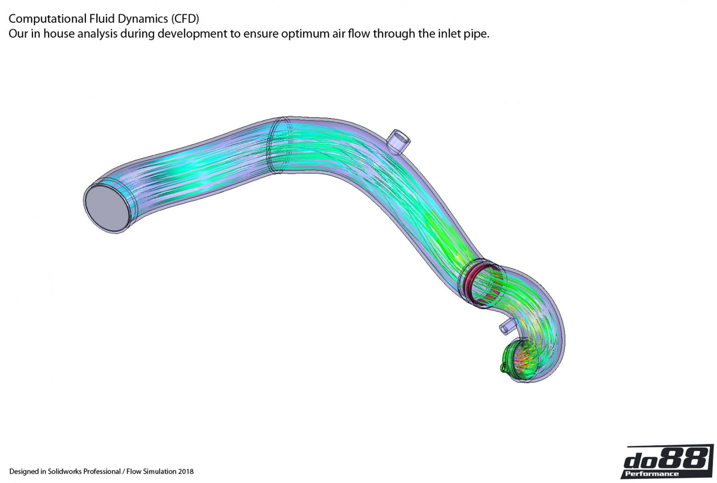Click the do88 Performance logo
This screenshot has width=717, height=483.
[x=667, y=462]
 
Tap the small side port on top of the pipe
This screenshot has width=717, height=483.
[x=398, y=141]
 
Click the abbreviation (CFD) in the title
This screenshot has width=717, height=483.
[x=185, y=19]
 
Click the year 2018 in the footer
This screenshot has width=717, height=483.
[x=186, y=472]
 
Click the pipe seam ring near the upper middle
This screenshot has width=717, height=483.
[x=272, y=145]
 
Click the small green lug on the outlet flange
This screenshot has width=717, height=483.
[x=503, y=368]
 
